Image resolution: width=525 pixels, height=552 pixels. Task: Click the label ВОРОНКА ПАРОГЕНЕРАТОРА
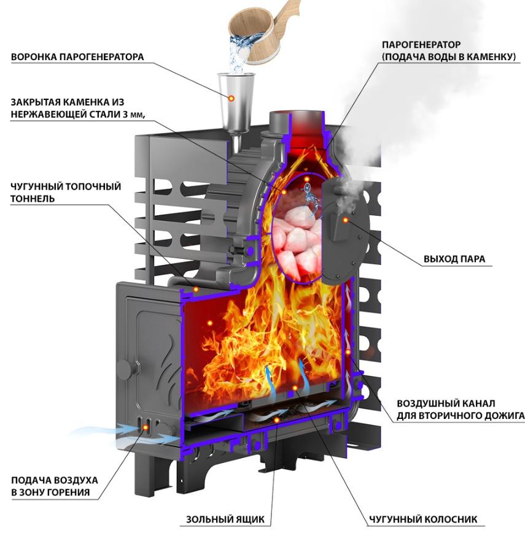click(x=77, y=56)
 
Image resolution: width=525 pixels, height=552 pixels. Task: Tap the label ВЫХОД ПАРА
click(x=454, y=259)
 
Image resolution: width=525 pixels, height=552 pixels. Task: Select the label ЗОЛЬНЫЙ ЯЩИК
click(x=225, y=519)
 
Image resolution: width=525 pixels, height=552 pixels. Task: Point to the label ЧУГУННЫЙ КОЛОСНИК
click(x=423, y=519)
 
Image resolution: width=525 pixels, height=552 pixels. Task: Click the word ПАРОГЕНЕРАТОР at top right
click(x=421, y=45)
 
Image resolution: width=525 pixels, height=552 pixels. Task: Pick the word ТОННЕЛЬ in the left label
click(x=33, y=199)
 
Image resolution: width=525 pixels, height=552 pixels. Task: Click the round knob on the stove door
click(x=125, y=370)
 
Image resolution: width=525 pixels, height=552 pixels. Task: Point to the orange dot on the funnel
click(x=231, y=99)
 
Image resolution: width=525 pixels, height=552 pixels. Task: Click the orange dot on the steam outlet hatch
click(x=346, y=220)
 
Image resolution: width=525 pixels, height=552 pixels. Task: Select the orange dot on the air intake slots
click(x=145, y=427)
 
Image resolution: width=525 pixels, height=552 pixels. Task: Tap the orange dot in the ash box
click(x=277, y=420)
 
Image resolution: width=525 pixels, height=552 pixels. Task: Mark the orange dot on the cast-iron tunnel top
click(x=196, y=289)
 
